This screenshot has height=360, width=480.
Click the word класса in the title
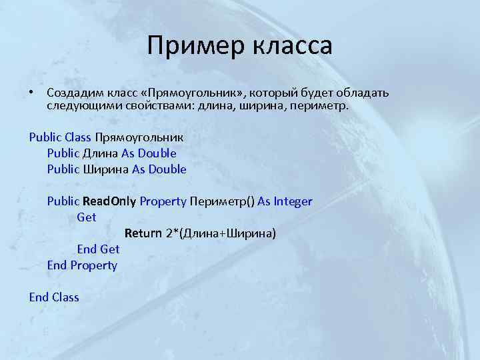292,47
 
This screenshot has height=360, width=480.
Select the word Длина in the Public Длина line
101,153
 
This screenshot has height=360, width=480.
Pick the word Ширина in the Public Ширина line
106,169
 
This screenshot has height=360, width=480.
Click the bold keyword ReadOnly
109,201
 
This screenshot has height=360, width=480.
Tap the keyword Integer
293,201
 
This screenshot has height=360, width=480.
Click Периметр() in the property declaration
222,201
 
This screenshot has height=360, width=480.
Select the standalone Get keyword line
87,217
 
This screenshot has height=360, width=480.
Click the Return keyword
143,233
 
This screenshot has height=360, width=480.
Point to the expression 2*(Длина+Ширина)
221,233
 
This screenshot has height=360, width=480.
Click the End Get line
98,249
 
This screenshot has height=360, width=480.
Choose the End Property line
82,265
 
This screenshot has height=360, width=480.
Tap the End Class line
54,297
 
